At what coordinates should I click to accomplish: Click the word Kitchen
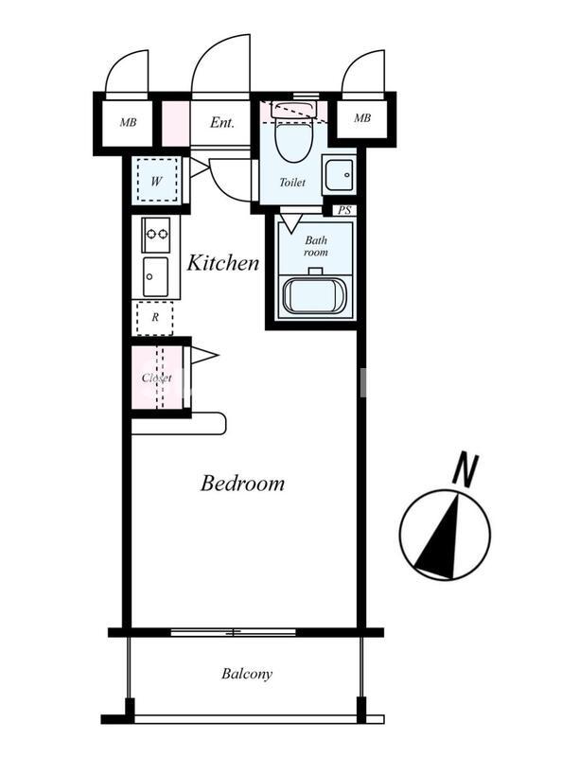pyautogui.click(x=223, y=263)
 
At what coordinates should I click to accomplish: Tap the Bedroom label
pyautogui.click(x=242, y=483)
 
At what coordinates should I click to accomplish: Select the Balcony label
pyautogui.click(x=247, y=674)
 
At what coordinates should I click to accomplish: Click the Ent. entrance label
pyautogui.click(x=222, y=123)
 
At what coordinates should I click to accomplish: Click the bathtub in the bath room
pyautogui.click(x=316, y=296)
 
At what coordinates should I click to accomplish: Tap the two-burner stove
pyautogui.click(x=155, y=234)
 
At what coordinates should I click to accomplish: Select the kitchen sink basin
pyautogui.click(x=155, y=276)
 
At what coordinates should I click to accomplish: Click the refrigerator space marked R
pyautogui.click(x=155, y=318)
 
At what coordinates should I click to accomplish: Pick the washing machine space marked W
pyautogui.click(x=157, y=180)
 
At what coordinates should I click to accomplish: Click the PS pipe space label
pyautogui.click(x=344, y=210)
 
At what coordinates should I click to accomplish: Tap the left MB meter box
pyautogui.click(x=128, y=123)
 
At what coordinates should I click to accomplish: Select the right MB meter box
pyautogui.click(x=362, y=117)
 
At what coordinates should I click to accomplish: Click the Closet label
pyautogui.click(x=156, y=378)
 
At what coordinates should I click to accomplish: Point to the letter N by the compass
pyautogui.click(x=465, y=468)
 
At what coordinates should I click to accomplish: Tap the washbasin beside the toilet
pyautogui.click(x=339, y=175)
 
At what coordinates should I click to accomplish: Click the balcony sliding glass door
pyautogui.click(x=234, y=632)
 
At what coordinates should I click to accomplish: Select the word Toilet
pyautogui.click(x=292, y=183)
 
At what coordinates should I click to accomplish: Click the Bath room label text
pyautogui.click(x=316, y=246)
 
